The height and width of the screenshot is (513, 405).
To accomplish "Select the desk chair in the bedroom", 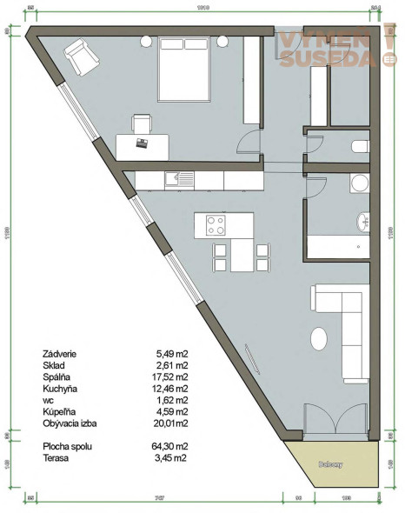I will point(141,123).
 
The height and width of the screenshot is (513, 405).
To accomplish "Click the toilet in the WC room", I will point(360,147).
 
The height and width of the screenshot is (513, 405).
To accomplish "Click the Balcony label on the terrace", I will point(330,464).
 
